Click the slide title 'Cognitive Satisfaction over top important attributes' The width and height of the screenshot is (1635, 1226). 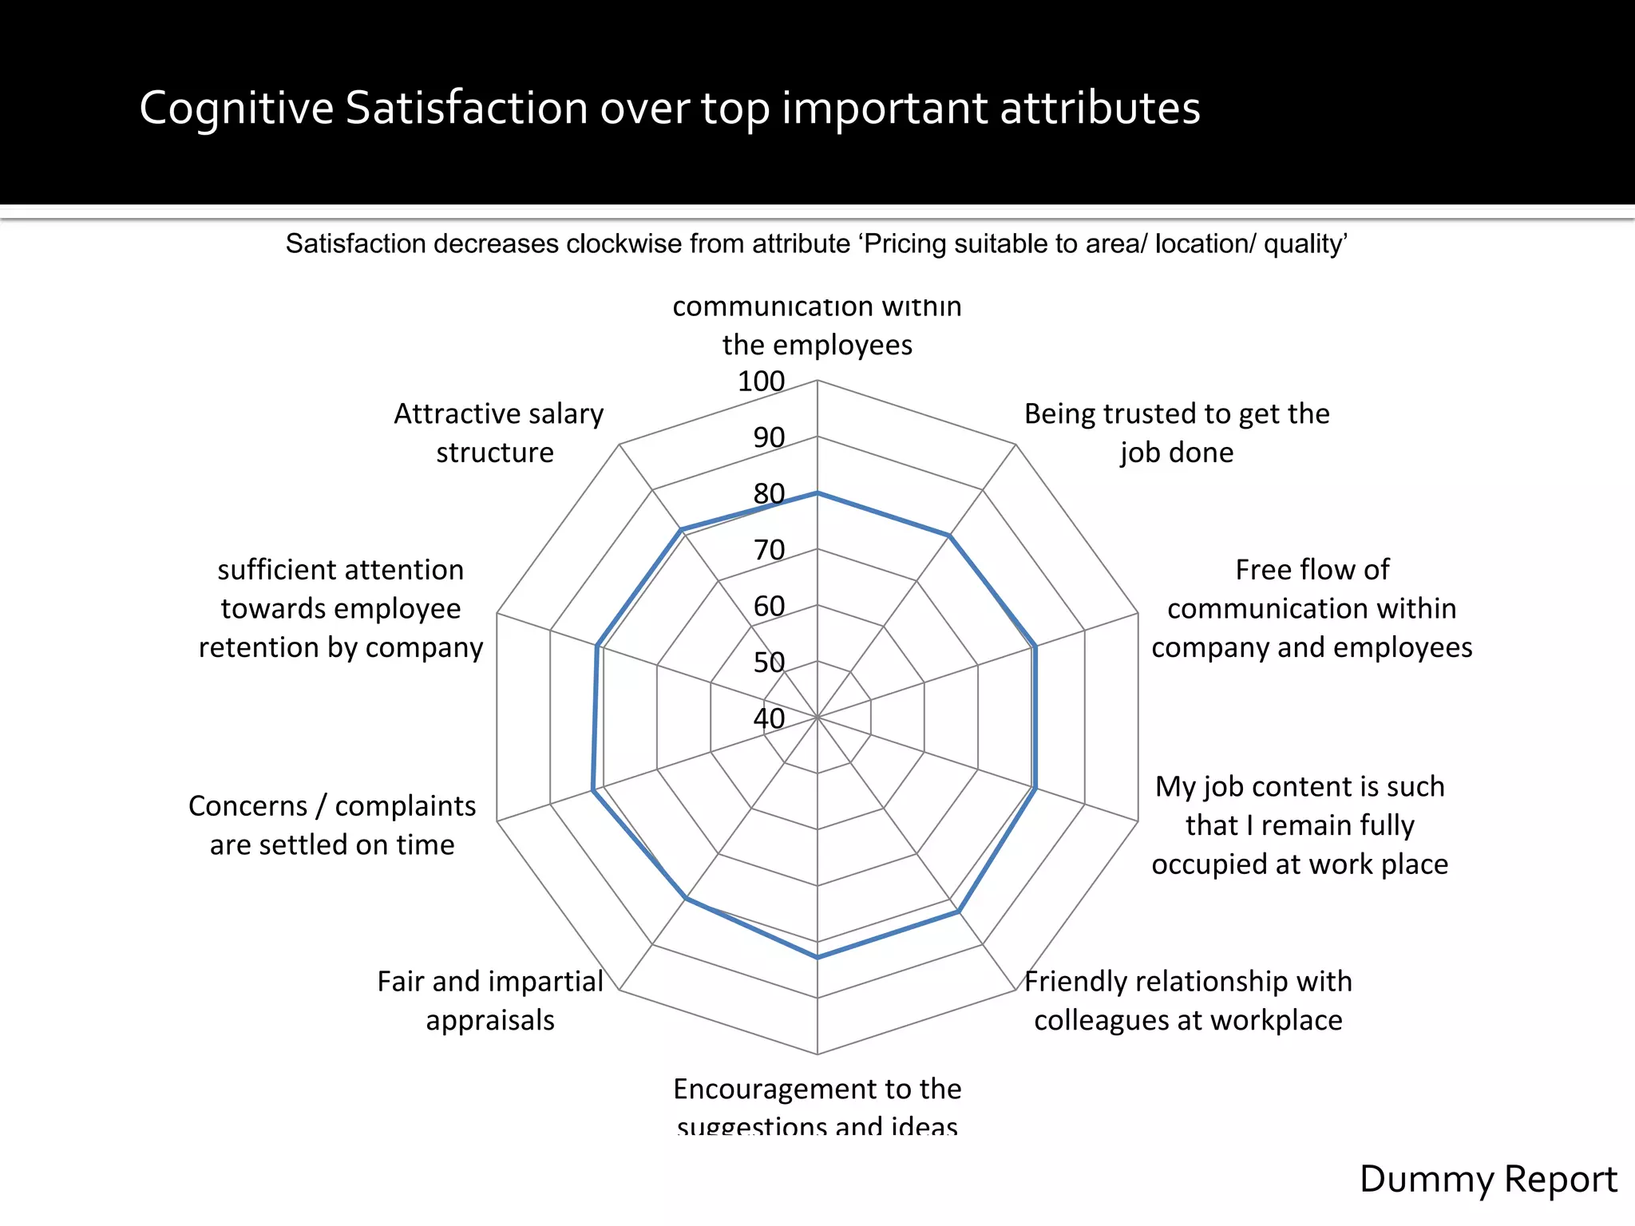click(x=669, y=108)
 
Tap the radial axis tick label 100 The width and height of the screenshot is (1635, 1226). click(x=761, y=382)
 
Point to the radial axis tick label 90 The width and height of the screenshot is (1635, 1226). click(x=769, y=437)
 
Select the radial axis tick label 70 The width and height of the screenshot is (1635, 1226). click(x=769, y=550)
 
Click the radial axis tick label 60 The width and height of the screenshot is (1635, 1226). click(x=769, y=607)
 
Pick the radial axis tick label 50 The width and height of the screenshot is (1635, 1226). click(x=769, y=662)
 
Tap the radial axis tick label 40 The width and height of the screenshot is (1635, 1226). click(x=769, y=718)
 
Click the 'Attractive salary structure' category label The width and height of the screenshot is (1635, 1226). click(x=497, y=433)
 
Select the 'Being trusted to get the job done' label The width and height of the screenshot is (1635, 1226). click(x=1176, y=433)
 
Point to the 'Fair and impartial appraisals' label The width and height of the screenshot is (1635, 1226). click(x=489, y=1000)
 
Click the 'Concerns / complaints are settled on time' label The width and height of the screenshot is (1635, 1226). click(x=332, y=825)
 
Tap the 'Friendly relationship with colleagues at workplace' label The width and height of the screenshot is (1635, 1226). click(x=1188, y=1000)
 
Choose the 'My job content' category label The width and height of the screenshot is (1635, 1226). click(x=1300, y=825)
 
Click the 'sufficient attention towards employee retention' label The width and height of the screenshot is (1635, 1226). click(x=341, y=608)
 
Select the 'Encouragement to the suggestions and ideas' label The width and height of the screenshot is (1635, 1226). click(x=817, y=1105)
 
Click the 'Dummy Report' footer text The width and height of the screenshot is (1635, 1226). click(x=1487, y=1179)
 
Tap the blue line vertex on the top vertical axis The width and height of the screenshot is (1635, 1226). click(x=817, y=493)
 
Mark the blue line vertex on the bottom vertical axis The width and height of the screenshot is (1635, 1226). click(x=817, y=957)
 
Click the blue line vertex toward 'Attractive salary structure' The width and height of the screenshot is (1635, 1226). click(x=681, y=529)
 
